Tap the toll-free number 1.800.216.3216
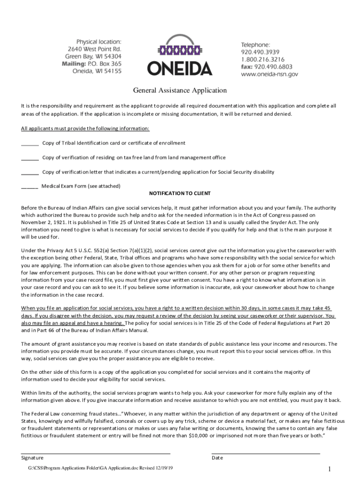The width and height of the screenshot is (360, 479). (263, 59)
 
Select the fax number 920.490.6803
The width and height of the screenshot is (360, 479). (276, 66)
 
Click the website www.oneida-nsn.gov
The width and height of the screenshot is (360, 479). (269, 74)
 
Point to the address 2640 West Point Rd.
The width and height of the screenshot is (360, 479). (94, 49)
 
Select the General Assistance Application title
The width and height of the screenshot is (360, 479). (180, 90)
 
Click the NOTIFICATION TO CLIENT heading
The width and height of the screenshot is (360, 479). (180, 193)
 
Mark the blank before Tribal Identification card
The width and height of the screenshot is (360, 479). (30, 144)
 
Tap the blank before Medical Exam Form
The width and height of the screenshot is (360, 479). (29, 187)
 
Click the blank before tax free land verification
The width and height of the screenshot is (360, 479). (30, 158)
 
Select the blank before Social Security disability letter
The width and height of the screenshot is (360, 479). (30, 173)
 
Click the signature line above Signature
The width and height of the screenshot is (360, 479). (96, 453)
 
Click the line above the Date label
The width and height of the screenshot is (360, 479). (266, 453)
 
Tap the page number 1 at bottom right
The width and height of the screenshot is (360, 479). (330, 469)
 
